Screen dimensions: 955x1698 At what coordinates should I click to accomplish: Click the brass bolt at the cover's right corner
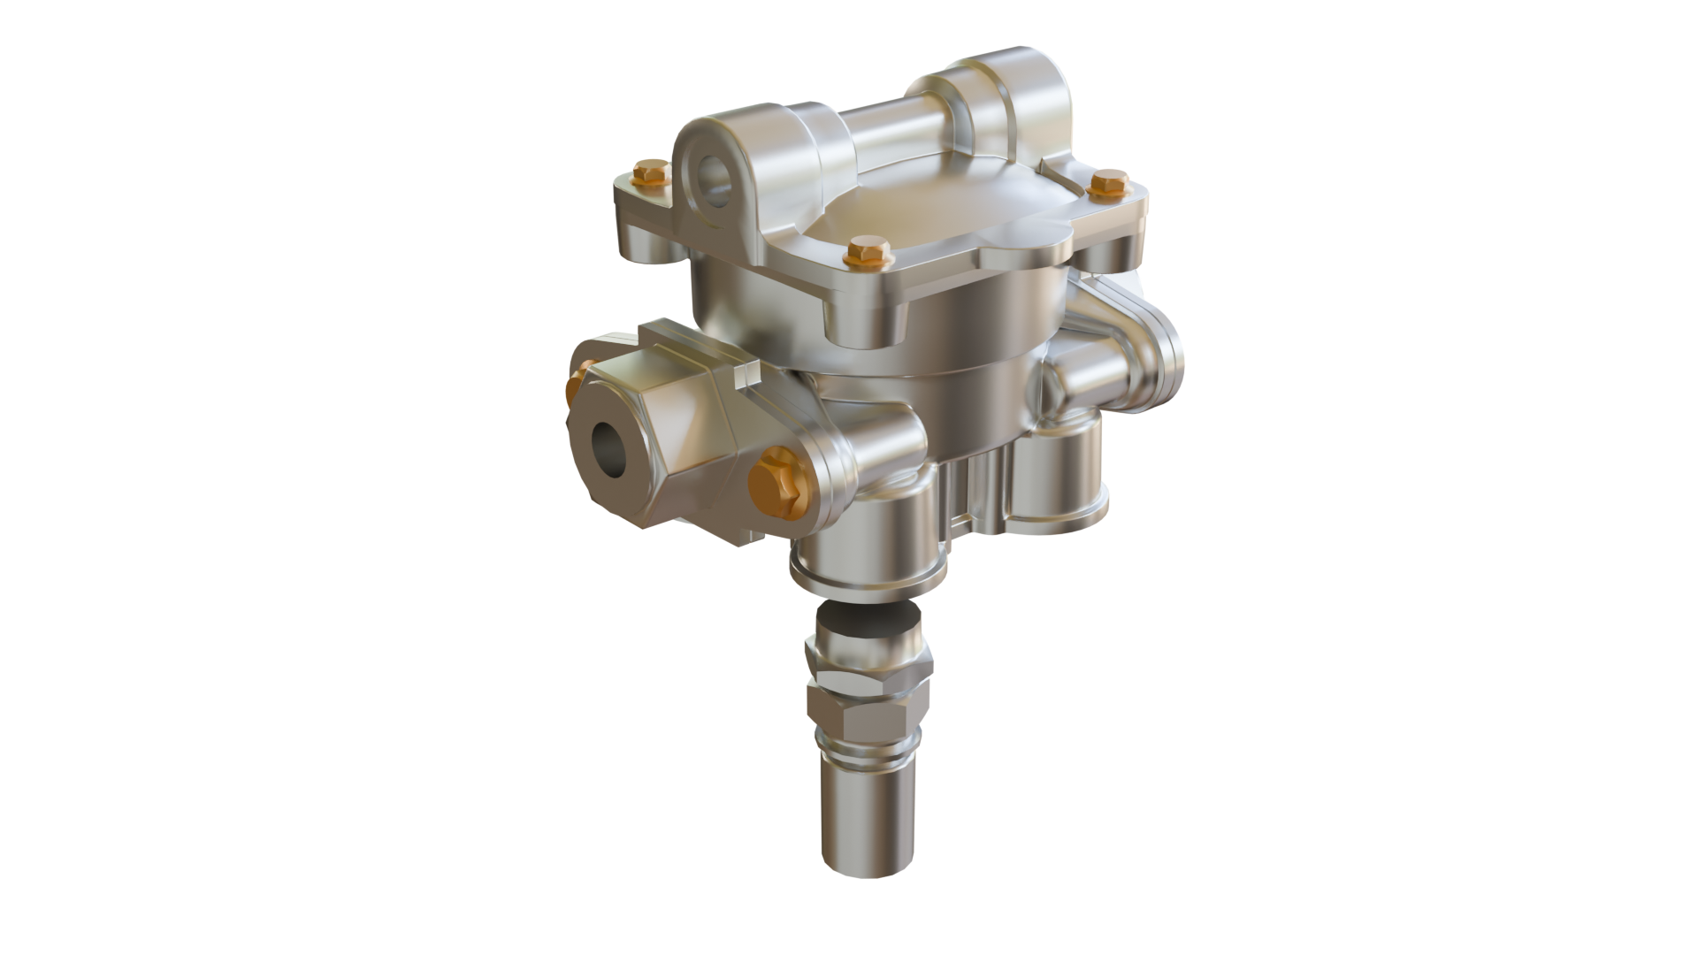click(1109, 183)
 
